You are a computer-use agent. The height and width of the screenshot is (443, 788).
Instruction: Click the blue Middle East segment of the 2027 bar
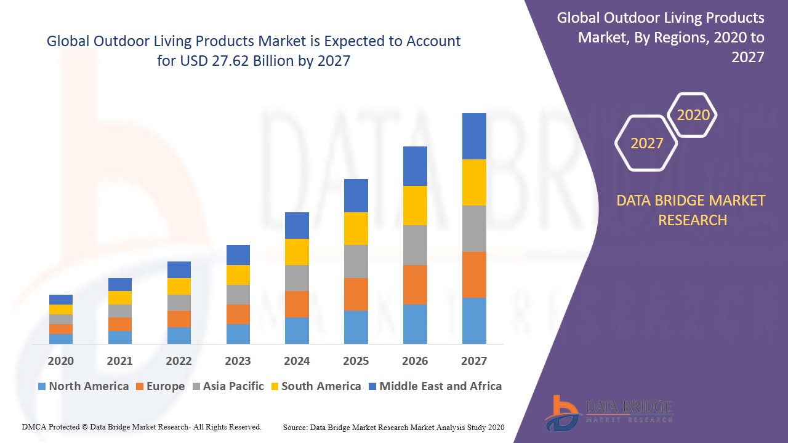click(474, 136)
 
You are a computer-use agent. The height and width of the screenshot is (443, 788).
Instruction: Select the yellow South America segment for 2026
click(415, 206)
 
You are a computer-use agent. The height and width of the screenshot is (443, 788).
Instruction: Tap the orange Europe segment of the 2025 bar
click(356, 294)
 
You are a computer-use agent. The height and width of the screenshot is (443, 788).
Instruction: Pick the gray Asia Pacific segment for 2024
click(297, 278)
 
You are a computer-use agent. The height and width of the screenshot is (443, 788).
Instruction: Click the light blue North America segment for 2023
click(238, 333)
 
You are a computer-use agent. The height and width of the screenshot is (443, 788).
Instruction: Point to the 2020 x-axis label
click(60, 361)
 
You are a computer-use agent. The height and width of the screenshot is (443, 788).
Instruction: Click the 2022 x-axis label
click(179, 361)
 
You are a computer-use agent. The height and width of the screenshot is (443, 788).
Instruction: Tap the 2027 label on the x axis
click(474, 361)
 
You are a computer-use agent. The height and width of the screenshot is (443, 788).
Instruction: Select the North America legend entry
click(83, 386)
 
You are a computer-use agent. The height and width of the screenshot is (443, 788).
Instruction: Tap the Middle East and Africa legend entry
click(435, 386)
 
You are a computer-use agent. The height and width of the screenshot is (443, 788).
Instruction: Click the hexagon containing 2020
click(693, 115)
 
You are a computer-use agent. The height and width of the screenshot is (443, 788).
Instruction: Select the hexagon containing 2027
click(646, 143)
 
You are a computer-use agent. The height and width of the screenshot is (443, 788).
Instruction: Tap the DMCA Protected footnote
click(142, 426)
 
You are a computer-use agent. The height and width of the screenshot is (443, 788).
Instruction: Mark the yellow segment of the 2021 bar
click(119, 298)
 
